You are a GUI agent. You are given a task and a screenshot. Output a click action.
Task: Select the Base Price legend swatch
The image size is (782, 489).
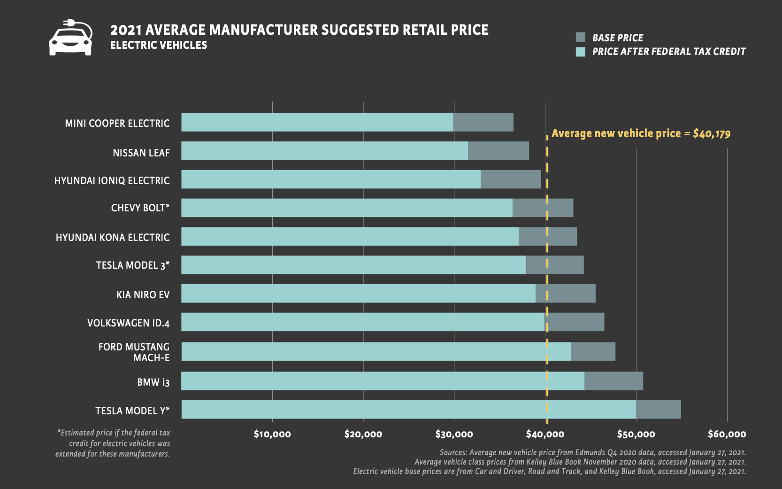[x=581, y=38]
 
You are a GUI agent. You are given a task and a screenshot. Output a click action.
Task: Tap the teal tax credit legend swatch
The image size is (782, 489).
[x=581, y=52]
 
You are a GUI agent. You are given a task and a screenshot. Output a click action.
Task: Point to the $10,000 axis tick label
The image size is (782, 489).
[x=272, y=434]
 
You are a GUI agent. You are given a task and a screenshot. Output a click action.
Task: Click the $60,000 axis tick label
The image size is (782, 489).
[x=727, y=434]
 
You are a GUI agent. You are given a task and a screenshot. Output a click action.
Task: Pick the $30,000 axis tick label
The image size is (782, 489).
[x=454, y=434]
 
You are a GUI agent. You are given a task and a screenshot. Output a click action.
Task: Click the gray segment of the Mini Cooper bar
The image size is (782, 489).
[x=483, y=122]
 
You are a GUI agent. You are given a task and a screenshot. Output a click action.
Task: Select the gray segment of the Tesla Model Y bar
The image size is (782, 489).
[x=658, y=410]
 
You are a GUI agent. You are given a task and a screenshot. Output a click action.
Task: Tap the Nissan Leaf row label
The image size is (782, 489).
[x=141, y=153]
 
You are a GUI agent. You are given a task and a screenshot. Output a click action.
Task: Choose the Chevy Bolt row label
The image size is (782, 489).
[x=140, y=208]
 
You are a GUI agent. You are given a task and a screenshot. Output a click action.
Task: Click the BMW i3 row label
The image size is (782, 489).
[x=153, y=382]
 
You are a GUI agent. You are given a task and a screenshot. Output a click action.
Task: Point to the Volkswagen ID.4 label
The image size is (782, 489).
[x=128, y=323]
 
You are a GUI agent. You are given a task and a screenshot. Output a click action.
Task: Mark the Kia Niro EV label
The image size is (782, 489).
[x=143, y=295]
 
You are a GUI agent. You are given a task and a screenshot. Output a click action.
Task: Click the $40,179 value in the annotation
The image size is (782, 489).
[x=712, y=134]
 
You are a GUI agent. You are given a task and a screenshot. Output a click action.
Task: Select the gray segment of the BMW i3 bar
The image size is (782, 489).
[x=613, y=381]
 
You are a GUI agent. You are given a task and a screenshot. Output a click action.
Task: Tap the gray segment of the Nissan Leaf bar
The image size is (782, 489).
[x=498, y=151]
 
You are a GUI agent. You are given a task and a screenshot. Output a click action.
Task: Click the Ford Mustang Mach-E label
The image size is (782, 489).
[x=134, y=352]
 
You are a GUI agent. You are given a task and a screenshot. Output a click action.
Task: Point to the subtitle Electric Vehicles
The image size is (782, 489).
[x=159, y=45]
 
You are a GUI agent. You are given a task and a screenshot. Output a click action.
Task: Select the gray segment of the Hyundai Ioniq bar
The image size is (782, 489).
[x=511, y=179]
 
